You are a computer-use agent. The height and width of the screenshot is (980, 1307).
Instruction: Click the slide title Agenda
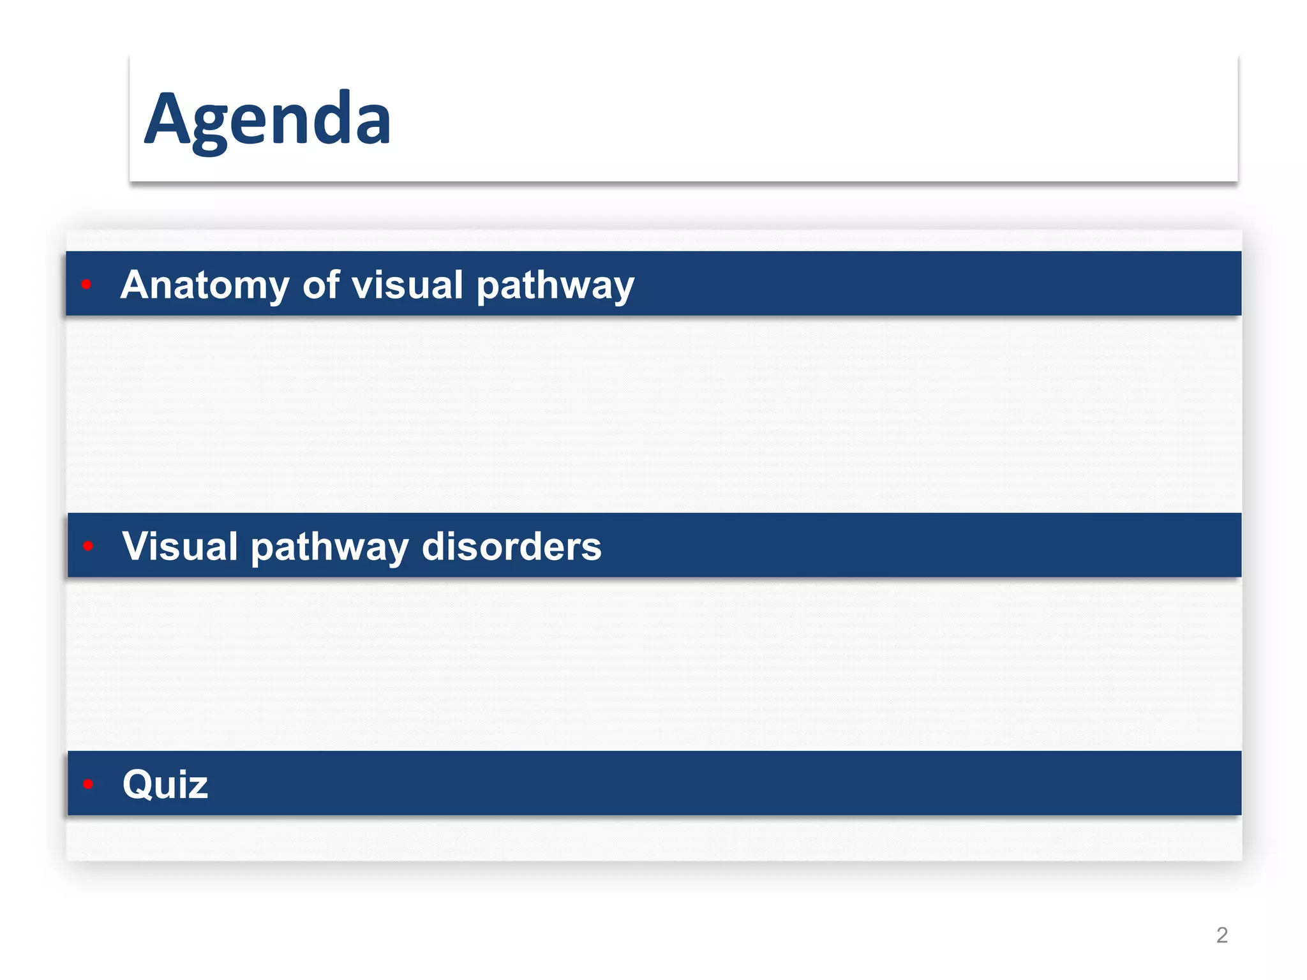pos(267,120)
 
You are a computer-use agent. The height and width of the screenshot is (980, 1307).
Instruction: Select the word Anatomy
pos(204,285)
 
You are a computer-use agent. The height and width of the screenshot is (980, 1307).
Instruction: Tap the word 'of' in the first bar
pos(320,285)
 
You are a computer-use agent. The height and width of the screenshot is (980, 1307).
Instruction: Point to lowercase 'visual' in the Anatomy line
pos(407,285)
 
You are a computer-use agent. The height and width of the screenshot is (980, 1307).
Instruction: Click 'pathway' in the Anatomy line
pos(555,286)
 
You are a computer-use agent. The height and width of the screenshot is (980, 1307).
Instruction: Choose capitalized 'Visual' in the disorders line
pos(180,546)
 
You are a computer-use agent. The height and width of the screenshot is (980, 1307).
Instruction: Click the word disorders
pos(511,546)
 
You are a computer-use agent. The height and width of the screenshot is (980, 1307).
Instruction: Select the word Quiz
pos(165,784)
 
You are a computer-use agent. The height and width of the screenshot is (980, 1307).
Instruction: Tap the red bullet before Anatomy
pos(87,284)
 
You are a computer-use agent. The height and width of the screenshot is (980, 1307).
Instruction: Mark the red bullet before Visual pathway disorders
pos(88,546)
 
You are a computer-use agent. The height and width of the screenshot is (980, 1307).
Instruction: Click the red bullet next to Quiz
pos(88,783)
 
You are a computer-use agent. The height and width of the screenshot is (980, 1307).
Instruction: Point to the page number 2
pos(1221,935)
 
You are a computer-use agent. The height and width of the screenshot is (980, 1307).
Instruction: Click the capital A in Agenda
pos(167,119)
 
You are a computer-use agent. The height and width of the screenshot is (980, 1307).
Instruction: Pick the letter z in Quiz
pos(198,787)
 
